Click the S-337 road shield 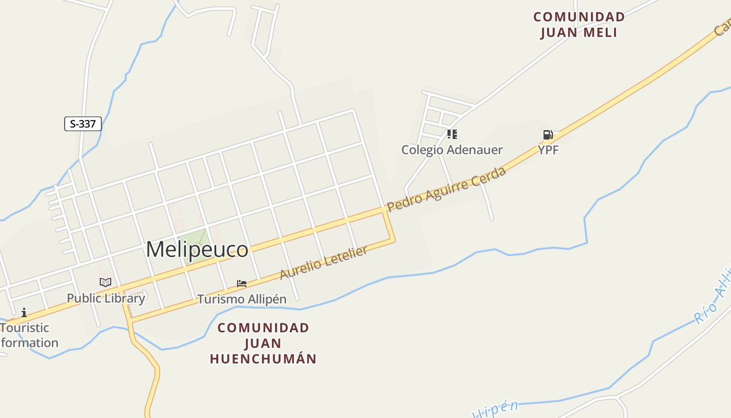click(x=82, y=124)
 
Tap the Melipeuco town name click(x=197, y=250)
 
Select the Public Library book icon click(x=105, y=283)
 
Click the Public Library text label click(x=105, y=298)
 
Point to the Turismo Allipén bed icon click(x=241, y=284)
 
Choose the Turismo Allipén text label click(x=242, y=299)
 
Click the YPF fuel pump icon click(x=548, y=135)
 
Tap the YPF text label click(x=548, y=150)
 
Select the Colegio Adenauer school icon click(x=452, y=134)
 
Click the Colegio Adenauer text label click(x=452, y=150)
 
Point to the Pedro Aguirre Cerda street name click(x=446, y=189)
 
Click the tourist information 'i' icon click(x=24, y=313)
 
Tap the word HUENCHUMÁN click(x=263, y=359)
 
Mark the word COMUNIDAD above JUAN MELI click(x=579, y=17)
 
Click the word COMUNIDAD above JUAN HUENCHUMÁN click(x=263, y=328)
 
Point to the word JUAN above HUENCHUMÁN click(x=263, y=343)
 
